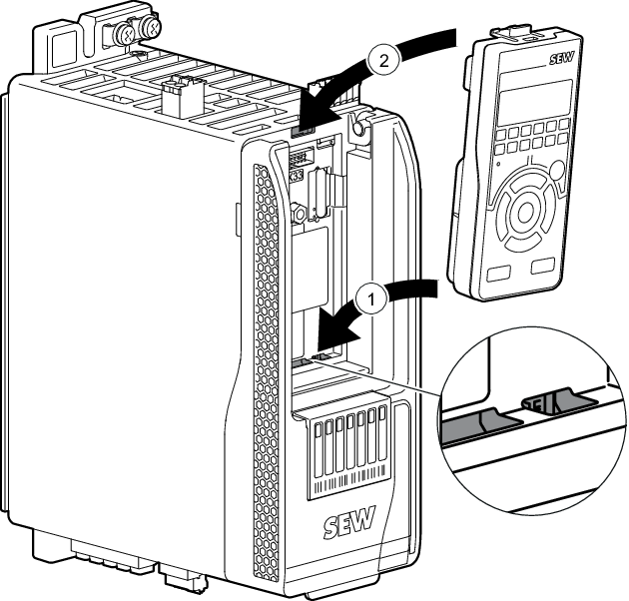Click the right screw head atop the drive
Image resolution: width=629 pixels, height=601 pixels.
point(153,30)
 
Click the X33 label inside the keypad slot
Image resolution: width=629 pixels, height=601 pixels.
point(297,174)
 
